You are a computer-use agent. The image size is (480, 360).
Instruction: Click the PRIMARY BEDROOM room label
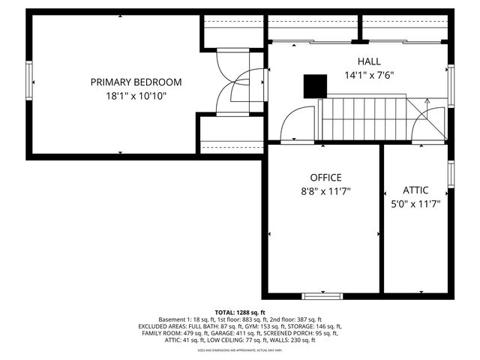(136, 82)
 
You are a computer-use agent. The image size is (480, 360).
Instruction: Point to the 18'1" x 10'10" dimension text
(136, 96)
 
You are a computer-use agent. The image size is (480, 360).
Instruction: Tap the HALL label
(369, 61)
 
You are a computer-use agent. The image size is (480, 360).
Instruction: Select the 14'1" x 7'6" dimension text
(369, 75)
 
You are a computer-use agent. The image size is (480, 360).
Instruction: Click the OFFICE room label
(326, 178)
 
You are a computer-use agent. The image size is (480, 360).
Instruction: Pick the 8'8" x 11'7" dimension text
(326, 191)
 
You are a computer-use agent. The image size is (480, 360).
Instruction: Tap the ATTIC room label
(415, 190)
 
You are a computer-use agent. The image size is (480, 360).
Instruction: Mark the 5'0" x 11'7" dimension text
(415, 203)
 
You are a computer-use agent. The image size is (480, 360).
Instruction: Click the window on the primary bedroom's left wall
(30, 81)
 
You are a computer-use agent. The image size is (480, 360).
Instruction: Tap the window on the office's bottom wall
(323, 295)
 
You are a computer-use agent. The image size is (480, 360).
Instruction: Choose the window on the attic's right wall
(451, 172)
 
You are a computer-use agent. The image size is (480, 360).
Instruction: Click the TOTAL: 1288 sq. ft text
(240, 312)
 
